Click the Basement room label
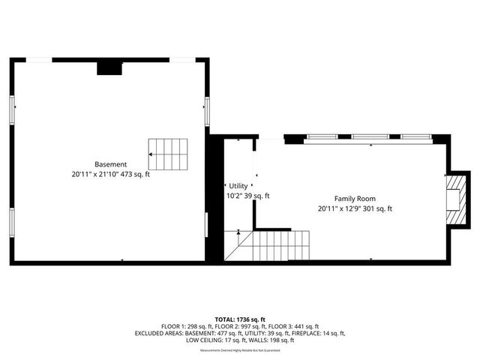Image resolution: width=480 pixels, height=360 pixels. click(x=110, y=164)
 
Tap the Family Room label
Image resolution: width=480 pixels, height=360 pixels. click(x=355, y=199)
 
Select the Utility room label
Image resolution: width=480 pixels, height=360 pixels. click(x=238, y=186)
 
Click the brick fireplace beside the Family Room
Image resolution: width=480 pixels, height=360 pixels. click(x=455, y=199)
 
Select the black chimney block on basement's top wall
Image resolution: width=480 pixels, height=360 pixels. click(x=109, y=67)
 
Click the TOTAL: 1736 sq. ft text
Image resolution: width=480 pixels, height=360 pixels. click(x=240, y=319)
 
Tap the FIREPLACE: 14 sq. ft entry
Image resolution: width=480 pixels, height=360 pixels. click(x=318, y=333)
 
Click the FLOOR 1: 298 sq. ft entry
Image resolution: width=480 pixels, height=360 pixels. click(x=180, y=326)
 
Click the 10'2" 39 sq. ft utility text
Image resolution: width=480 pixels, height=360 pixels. click(x=247, y=196)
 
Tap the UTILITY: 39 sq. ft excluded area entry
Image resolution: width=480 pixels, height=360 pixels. click(x=263, y=333)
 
